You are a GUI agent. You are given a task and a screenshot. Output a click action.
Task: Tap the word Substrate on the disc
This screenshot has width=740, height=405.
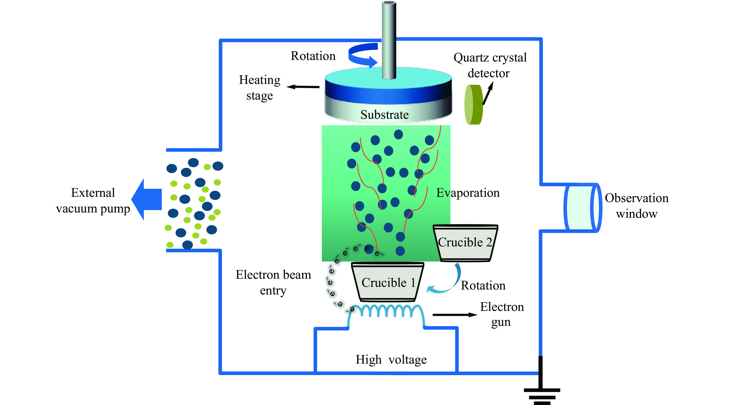pyautogui.click(x=384, y=115)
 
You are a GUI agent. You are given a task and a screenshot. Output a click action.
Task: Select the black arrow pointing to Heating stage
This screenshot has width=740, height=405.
pyautogui.click(x=303, y=87)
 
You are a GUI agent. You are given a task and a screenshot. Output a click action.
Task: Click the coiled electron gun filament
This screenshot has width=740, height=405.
pyautogui.click(x=386, y=312)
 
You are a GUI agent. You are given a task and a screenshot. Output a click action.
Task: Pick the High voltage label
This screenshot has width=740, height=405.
pyautogui.click(x=391, y=360)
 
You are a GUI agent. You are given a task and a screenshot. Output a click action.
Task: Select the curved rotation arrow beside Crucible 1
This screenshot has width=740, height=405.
pyautogui.click(x=448, y=282)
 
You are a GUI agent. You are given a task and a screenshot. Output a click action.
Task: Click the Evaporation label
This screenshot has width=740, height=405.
pyautogui.click(x=468, y=193)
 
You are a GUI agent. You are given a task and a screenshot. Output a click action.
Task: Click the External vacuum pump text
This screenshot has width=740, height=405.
pyautogui.click(x=93, y=201)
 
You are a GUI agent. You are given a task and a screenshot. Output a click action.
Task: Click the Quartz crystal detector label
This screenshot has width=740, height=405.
pyautogui.click(x=490, y=65)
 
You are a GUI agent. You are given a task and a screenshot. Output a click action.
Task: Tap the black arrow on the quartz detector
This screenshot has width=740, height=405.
pyautogui.click(x=488, y=94)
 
